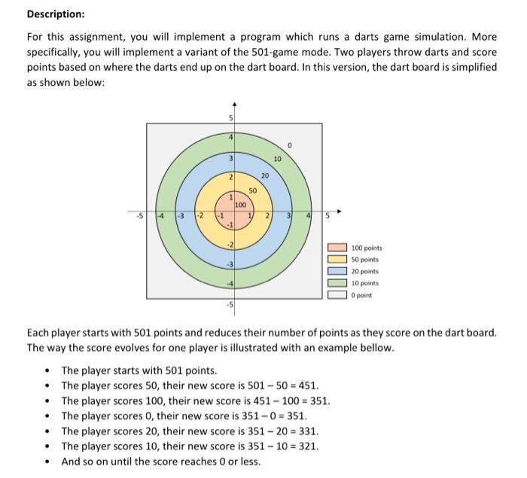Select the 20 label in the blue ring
click(x=264, y=175)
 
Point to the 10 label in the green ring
click(x=277, y=159)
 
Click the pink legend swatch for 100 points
click(x=338, y=248)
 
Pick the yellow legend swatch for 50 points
click(x=338, y=260)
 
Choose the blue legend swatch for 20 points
click(x=338, y=271)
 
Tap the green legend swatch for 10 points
click(x=338, y=283)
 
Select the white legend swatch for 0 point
click(x=338, y=295)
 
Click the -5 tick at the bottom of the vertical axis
click(x=231, y=305)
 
